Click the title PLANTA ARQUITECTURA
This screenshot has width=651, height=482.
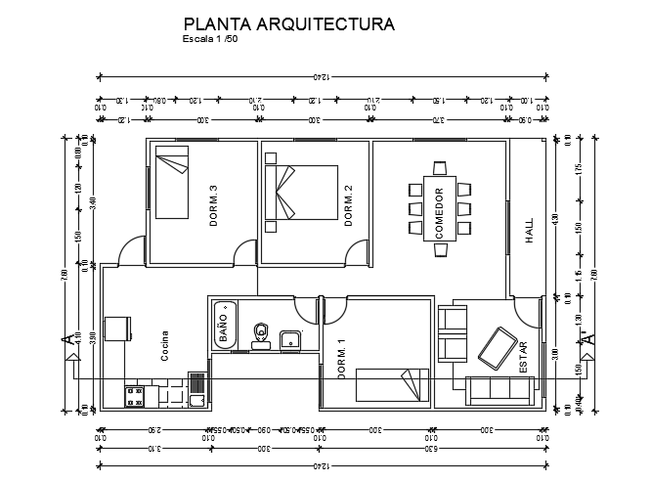[289, 24]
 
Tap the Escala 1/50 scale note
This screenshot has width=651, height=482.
[209, 41]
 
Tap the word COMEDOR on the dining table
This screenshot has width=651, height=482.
[440, 213]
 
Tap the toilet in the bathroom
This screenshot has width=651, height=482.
[261, 334]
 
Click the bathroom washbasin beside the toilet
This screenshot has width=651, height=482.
[290, 340]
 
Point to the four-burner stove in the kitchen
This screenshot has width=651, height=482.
[136, 396]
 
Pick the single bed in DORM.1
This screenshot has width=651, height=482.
[392, 384]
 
